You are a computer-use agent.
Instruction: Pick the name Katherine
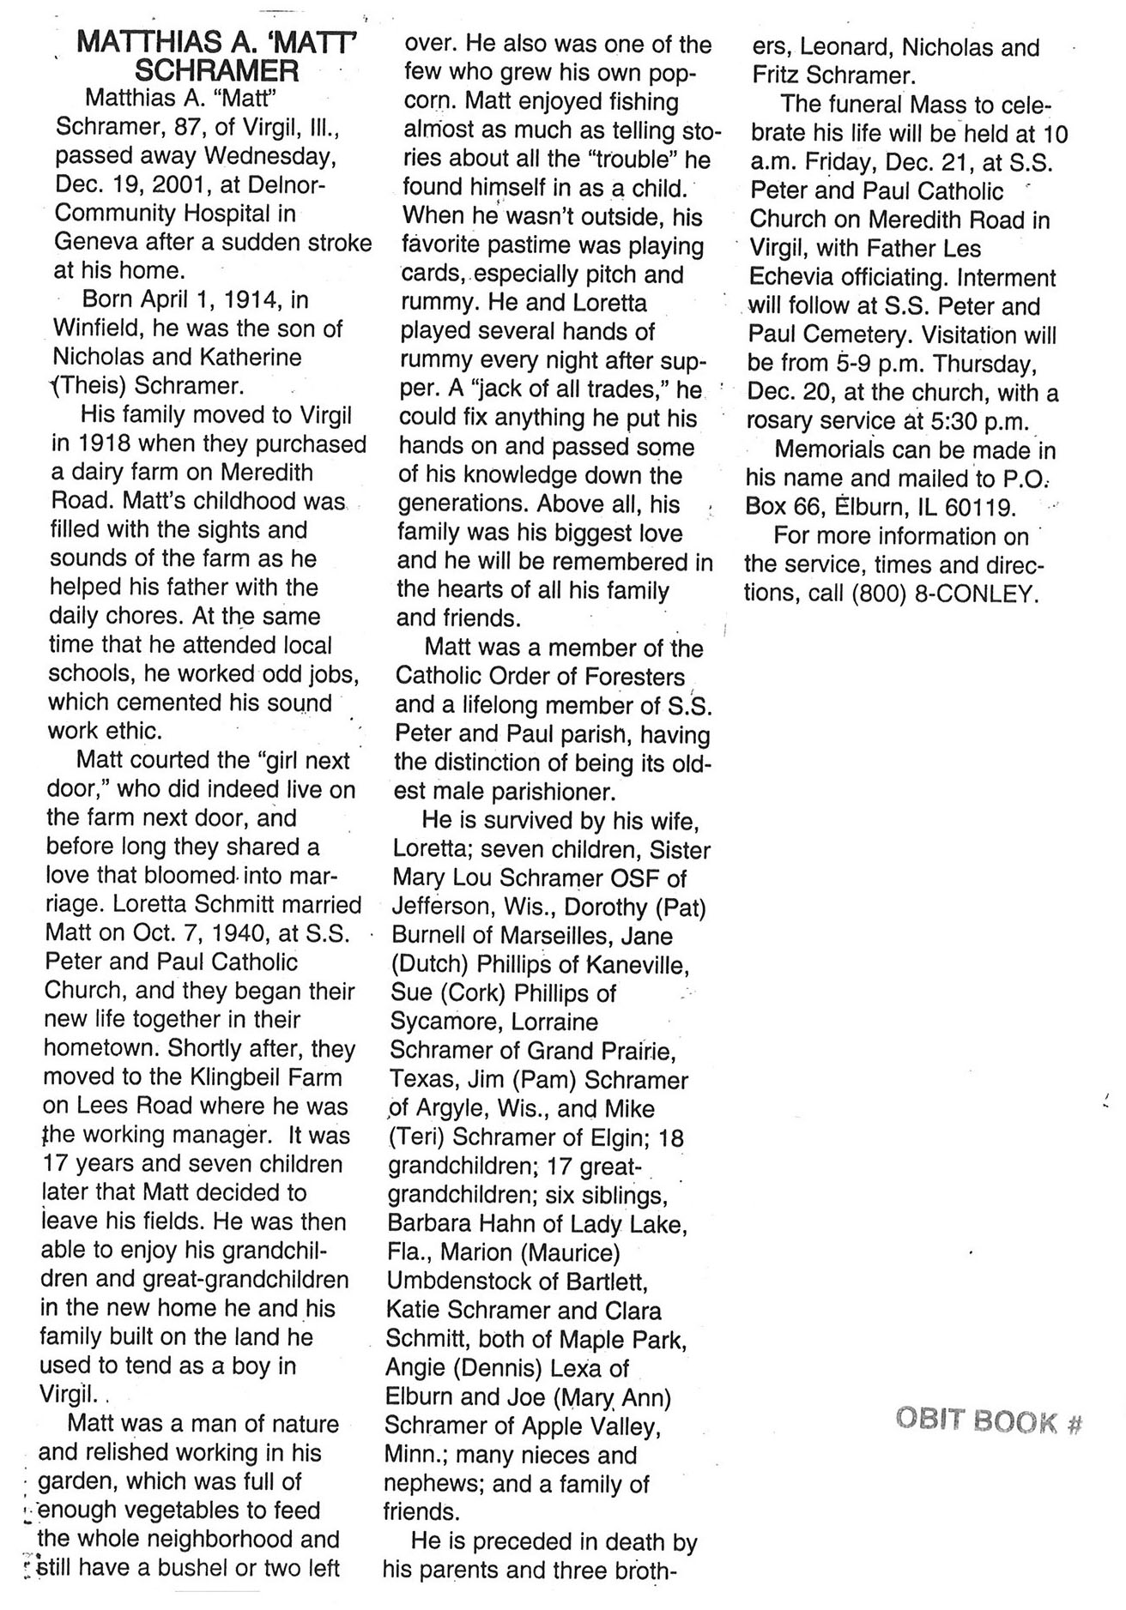point(248,358)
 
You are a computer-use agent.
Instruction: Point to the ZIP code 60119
point(980,508)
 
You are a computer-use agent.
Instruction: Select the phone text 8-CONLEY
point(978,594)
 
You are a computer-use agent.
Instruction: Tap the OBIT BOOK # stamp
point(988,1420)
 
